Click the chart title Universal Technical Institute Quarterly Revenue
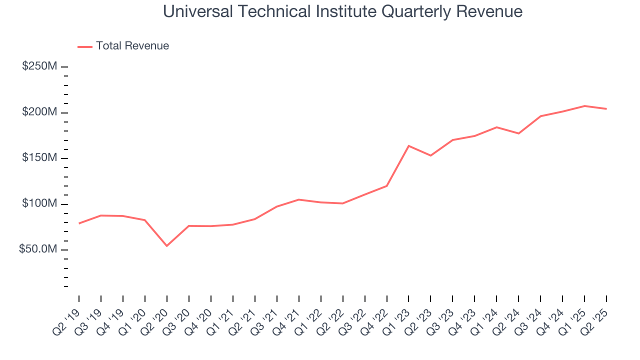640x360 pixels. tap(343, 11)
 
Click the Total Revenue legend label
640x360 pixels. tap(132, 46)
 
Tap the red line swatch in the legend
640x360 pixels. tap(85, 46)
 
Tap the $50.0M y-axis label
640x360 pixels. tap(38, 249)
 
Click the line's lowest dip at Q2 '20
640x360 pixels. tap(166, 246)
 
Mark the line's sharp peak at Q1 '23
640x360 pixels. tap(408, 146)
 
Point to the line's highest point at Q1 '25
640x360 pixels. tap(584, 106)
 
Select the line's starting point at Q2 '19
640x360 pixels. tap(79, 223)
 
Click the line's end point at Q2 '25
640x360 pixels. tap(606, 109)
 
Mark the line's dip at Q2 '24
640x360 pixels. tap(518, 133)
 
